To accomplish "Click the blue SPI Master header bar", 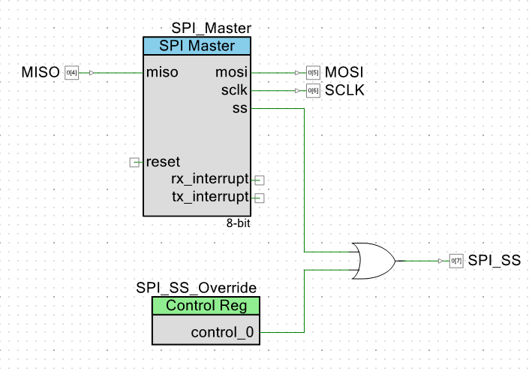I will point(197,46).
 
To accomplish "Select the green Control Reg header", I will point(206,305).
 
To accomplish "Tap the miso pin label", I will point(162,73).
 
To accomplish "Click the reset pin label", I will point(163,162).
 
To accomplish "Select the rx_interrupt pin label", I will point(210,179).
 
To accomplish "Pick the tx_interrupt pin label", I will point(210,198).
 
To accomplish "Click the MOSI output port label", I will point(344,73).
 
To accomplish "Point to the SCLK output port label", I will point(344,91).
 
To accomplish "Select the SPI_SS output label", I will point(494,261).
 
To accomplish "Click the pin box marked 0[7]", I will point(456,261).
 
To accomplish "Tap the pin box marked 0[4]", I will point(71,73).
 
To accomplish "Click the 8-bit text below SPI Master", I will point(238,224).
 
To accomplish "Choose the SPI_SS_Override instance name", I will point(197,288).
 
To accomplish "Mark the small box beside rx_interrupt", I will point(260,180).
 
